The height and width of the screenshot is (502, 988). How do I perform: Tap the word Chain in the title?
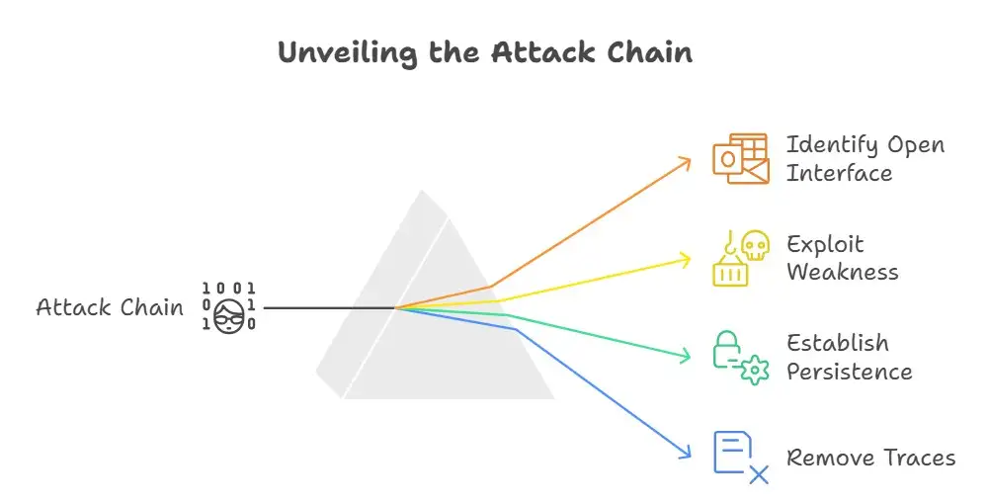pos(645,52)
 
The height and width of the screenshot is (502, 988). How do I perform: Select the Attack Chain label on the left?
pos(110,307)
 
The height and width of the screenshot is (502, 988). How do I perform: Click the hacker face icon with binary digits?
pos(230,307)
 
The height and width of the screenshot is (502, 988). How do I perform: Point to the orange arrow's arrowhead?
pos(687,160)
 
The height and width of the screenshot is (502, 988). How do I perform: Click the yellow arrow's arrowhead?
pos(687,258)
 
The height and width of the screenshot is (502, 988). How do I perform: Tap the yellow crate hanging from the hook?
pos(729,269)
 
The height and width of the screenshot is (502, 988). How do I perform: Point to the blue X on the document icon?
pos(758,475)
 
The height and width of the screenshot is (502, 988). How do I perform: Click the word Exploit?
pos(824,244)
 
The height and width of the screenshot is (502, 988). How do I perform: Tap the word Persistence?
pos(849,372)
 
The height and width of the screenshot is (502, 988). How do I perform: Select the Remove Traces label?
pos(870,458)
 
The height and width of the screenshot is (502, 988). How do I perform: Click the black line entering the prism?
pos(326,307)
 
